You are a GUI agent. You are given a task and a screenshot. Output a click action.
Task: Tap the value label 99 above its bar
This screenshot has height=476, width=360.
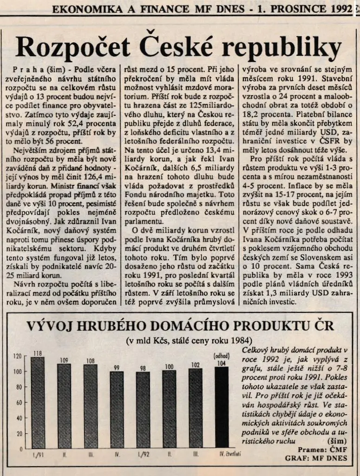click(117, 368)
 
